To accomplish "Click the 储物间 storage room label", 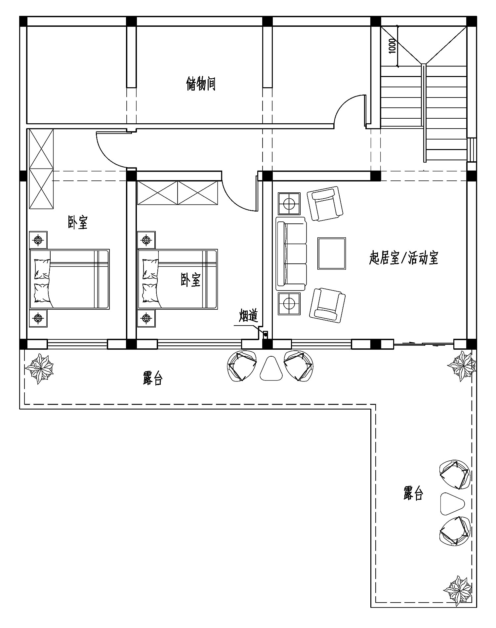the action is [x=201, y=84].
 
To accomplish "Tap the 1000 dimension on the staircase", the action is [x=392, y=46].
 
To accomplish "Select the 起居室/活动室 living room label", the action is [x=404, y=258].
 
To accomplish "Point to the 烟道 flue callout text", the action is [x=248, y=316].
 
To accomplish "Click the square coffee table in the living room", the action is [x=332, y=253].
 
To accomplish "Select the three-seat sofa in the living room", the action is [x=291, y=252].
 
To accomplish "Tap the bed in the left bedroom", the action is [x=69, y=279].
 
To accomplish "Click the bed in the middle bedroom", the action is [x=178, y=279].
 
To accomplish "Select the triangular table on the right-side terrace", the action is [x=452, y=503].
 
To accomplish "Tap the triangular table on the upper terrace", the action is [x=271, y=368].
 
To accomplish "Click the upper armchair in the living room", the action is [x=325, y=204].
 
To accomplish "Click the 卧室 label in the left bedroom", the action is [x=78, y=222].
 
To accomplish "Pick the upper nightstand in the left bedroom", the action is [x=38, y=240].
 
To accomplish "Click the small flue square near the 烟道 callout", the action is [x=265, y=335].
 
